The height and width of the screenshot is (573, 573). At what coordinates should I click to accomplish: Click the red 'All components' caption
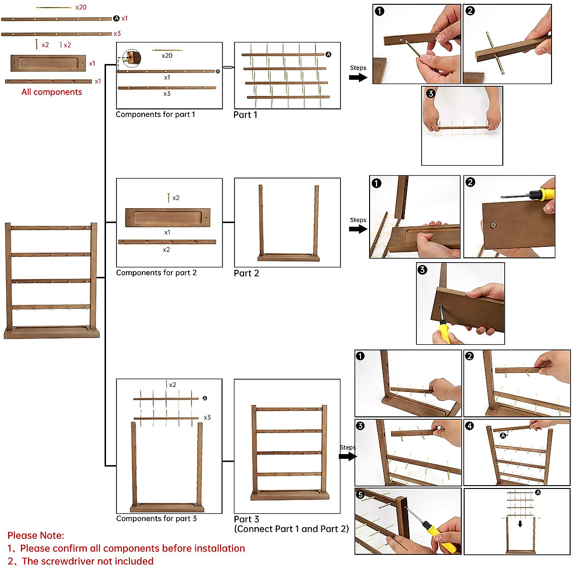pos(52,92)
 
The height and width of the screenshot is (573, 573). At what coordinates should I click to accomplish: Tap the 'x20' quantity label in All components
pos(81,7)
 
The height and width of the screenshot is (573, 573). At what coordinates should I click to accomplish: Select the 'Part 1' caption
pos(245,115)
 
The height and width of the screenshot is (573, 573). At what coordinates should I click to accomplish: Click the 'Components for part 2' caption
pos(156,273)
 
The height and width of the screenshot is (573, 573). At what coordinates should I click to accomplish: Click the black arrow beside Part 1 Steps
pos(358,77)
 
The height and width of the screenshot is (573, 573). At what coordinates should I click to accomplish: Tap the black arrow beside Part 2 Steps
pos(358,229)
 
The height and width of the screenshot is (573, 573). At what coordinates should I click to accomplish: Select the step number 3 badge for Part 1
pos(431,94)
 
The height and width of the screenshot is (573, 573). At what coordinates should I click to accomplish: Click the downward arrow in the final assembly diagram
pos(520,524)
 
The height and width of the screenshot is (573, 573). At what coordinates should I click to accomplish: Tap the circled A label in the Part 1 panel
pos(329,54)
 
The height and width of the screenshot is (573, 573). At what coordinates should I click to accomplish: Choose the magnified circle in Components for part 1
pos(131,58)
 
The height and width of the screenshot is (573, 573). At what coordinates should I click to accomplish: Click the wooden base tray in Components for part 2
pos(167,218)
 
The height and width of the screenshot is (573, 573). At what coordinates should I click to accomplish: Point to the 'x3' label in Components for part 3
pos(207,417)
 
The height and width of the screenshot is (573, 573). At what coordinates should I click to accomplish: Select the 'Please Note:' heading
pos(36,535)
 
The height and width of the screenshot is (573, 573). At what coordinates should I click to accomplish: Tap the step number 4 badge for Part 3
pos(470,425)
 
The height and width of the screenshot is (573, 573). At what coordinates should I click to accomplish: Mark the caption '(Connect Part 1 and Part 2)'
pos(291,529)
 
